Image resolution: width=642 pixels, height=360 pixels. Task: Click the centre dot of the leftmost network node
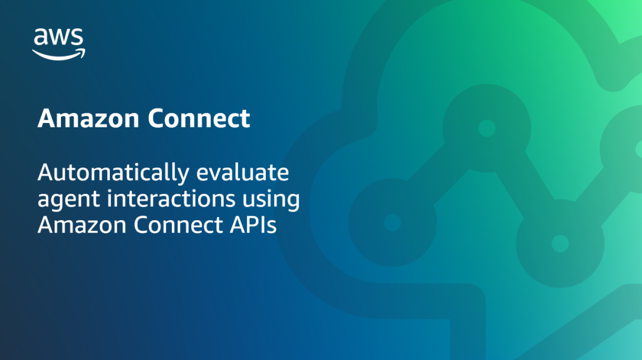pyautogui.click(x=392, y=222)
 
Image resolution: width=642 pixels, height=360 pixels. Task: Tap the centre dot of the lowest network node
pyautogui.click(x=560, y=243)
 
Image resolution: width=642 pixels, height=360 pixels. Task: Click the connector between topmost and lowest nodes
pyautogui.click(x=523, y=186)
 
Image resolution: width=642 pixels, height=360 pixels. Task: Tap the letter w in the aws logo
pyautogui.click(x=58, y=38)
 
